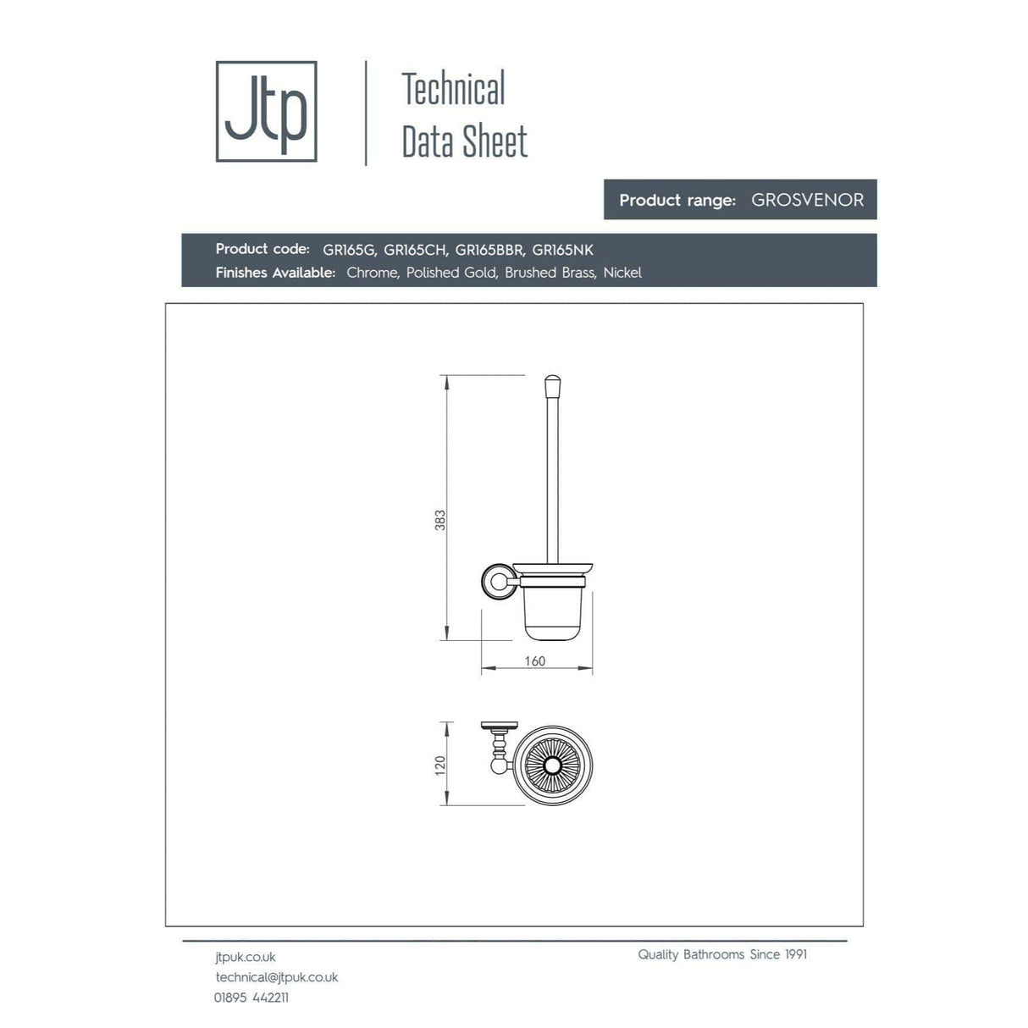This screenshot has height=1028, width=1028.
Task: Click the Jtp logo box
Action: click(266, 111)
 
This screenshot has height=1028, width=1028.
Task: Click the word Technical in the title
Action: click(453, 89)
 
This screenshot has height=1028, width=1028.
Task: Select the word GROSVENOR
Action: click(807, 200)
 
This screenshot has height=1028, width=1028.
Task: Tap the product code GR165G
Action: click(349, 250)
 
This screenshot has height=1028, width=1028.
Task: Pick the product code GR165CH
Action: click(415, 250)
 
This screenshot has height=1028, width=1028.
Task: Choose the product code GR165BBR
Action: click(489, 250)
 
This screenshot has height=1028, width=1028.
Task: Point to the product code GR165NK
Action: click(562, 250)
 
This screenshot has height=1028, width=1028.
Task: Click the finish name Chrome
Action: click(372, 273)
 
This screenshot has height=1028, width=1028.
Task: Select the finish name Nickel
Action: click(622, 273)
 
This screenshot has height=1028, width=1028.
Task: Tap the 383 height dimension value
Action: click(440, 520)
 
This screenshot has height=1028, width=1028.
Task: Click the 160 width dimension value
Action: click(535, 661)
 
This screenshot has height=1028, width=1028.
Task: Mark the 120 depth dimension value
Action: click(440, 765)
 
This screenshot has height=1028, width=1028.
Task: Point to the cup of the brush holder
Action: click(555, 611)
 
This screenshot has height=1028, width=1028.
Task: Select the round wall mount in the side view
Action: click(495, 582)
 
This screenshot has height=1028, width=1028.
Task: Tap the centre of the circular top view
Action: click(553, 766)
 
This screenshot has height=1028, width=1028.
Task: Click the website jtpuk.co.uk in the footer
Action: click(246, 957)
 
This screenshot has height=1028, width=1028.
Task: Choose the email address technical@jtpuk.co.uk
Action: click(277, 977)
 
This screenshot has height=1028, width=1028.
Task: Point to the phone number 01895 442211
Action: click(251, 998)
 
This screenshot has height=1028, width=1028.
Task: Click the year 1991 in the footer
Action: click(796, 954)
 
